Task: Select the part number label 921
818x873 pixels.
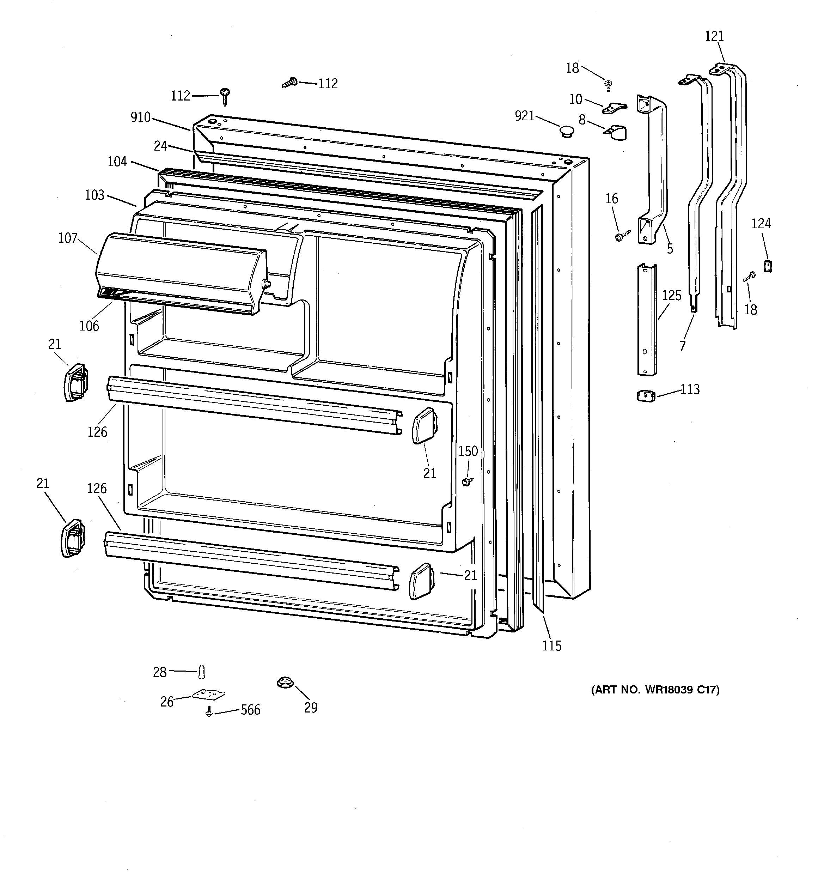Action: pos(525,116)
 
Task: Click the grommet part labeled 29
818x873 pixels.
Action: pos(285,683)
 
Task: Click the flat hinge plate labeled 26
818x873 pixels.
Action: pos(209,694)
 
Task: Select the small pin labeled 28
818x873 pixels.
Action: pos(202,672)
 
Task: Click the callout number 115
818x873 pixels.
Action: pos(551,645)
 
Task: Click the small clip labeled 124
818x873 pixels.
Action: pos(768,266)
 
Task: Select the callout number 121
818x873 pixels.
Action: pos(714,36)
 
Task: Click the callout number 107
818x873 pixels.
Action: pos(68,238)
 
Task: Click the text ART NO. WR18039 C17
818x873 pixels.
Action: pos(655,690)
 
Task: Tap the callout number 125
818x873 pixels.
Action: pos(671,296)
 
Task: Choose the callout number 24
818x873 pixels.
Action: pos(160,146)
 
